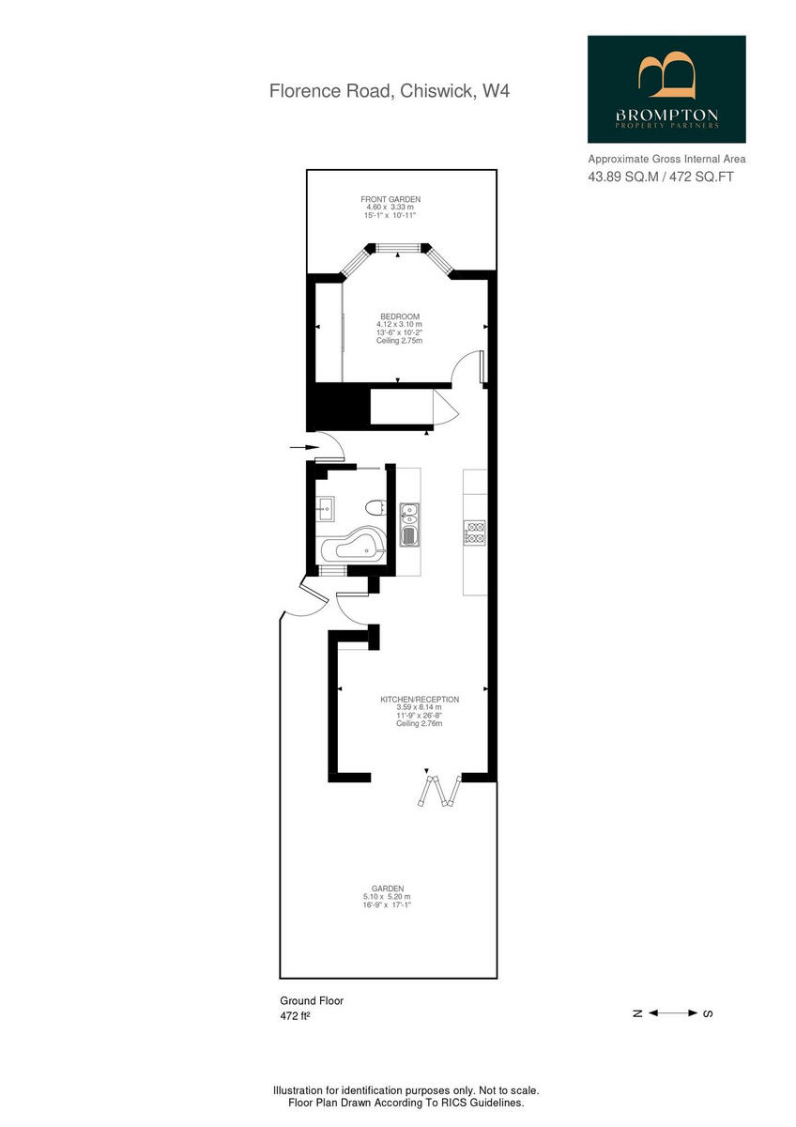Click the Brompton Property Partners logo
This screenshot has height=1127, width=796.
tap(666, 89)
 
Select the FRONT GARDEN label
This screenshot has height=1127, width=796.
tap(390, 199)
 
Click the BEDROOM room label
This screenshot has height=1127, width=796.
tap(400, 316)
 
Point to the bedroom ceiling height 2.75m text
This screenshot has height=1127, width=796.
tap(400, 341)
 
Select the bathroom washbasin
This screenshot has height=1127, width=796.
tap(326, 510)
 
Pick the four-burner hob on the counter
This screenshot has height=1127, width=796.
tap(474, 533)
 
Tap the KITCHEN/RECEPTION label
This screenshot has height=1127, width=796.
tap(420, 700)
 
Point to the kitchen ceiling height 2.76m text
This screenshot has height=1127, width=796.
tap(419, 724)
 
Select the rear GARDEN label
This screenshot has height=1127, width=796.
tap(388, 888)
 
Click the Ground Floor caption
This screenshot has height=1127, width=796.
tap(312, 1001)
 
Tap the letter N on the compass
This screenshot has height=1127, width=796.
tap(636, 1013)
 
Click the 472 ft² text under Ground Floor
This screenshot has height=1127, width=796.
tap(295, 1017)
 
